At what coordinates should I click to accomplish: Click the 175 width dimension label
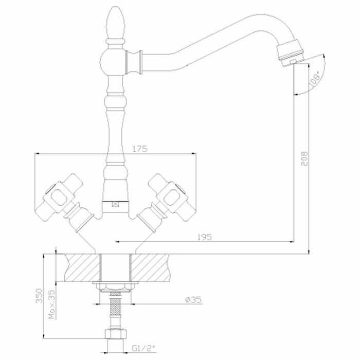pyautogui.click(x=140, y=149)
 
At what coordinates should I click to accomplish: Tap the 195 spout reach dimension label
pyautogui.click(x=205, y=237)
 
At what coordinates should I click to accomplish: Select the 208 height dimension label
pyautogui.click(x=304, y=158)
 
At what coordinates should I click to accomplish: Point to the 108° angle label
pyautogui.click(x=314, y=79)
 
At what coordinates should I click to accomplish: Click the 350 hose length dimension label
pyautogui.click(x=39, y=296)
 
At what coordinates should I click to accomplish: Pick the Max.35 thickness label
pyautogui.click(x=52, y=304)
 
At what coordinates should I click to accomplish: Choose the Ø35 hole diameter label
pyautogui.click(x=193, y=299)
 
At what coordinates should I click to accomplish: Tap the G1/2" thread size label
pyautogui.click(x=143, y=349)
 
